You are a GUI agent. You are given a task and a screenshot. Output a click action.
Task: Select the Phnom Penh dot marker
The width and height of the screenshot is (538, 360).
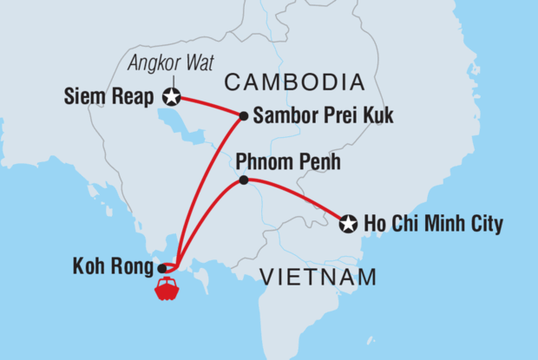pos(243,180)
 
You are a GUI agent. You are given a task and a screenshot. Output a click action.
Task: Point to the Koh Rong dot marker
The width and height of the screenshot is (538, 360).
pos(163,268)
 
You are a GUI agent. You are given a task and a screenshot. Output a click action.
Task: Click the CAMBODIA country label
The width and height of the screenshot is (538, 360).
pos(293,82)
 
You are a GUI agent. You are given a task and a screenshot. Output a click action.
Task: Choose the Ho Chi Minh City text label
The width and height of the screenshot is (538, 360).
pos(432,225)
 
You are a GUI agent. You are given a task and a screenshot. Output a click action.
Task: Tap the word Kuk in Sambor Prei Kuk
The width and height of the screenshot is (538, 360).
pos(378,115)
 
